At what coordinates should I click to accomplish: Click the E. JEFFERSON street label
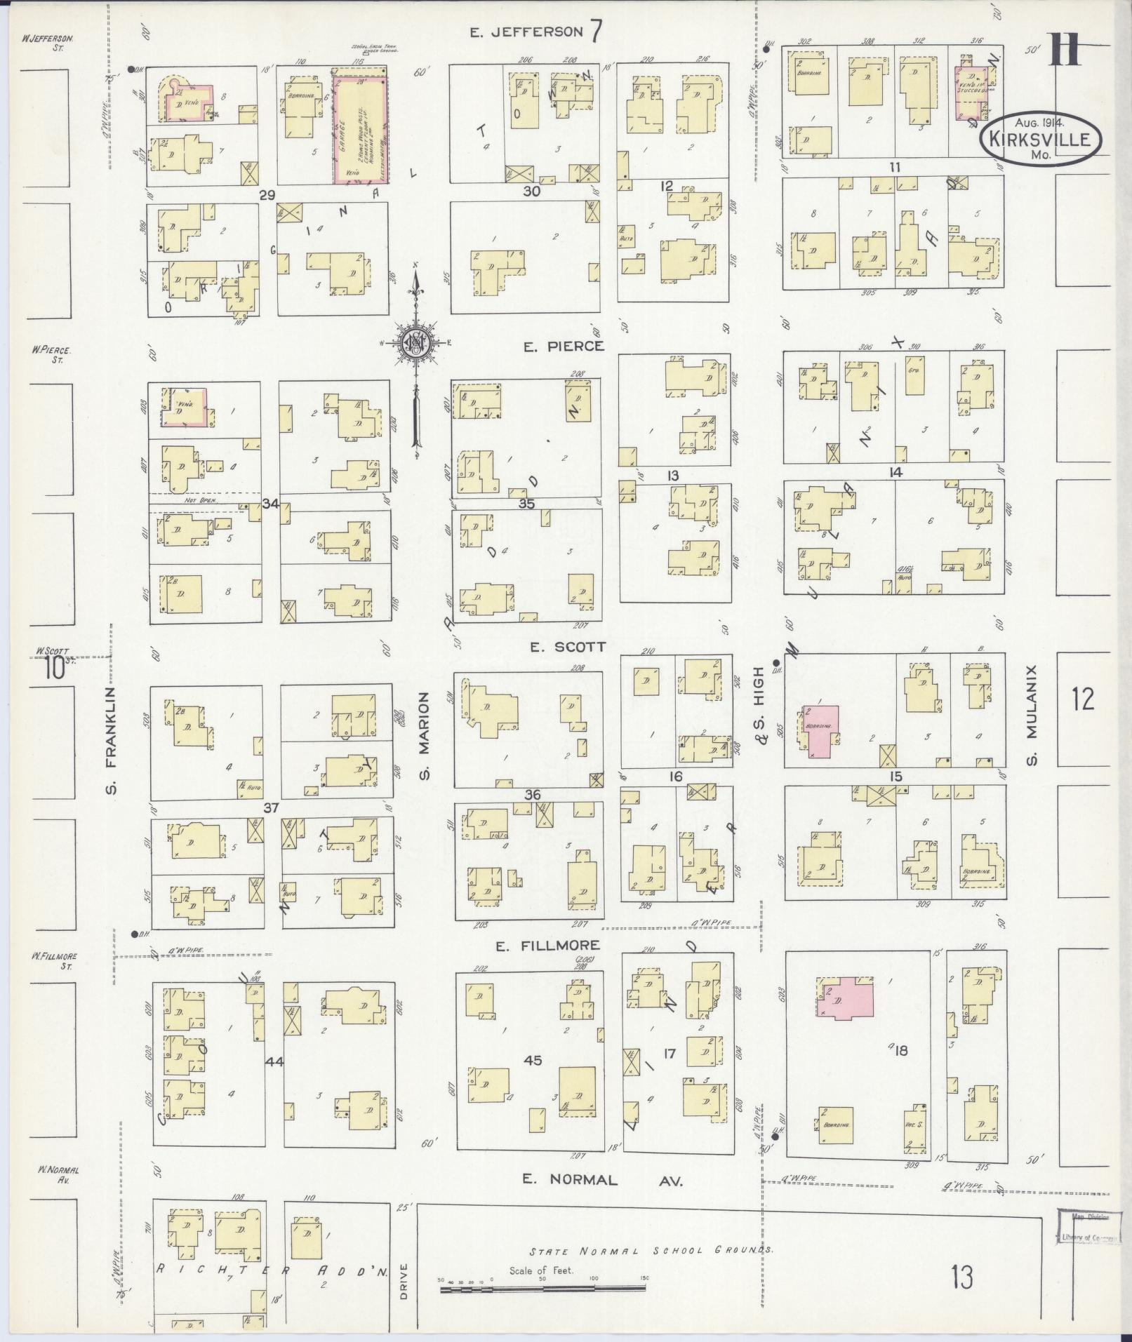click(x=526, y=32)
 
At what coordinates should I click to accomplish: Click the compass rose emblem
click(x=417, y=342)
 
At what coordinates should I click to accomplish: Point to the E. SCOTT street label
click(x=567, y=647)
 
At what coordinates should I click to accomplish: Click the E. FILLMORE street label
click(x=538, y=946)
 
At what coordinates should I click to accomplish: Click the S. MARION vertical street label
click(x=424, y=734)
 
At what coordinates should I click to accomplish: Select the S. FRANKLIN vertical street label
click(x=111, y=742)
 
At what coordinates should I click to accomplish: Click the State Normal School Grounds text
click(x=653, y=1251)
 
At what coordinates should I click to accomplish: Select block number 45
click(x=533, y=1060)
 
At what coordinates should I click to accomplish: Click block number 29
click(x=266, y=196)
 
